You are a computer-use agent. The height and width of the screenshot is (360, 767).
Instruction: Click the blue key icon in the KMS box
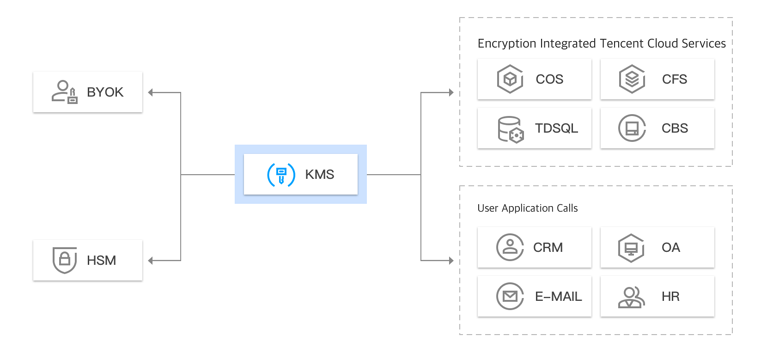281,175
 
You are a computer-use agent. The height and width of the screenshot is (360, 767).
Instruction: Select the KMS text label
319,175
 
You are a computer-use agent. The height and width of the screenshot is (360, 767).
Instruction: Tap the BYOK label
105,92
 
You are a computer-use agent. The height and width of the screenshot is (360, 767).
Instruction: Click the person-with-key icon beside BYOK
64,92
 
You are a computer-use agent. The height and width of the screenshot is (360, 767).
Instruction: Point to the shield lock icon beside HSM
65,260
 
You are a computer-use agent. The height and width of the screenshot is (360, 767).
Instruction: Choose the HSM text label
101,261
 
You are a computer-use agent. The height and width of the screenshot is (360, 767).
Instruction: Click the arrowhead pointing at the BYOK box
151,92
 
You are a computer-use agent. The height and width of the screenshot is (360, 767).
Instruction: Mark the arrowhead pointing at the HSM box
151,261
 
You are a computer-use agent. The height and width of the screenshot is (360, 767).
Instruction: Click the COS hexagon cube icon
510,79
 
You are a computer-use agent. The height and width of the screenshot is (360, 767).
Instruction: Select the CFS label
674,79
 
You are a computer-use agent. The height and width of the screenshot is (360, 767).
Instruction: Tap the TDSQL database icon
511,129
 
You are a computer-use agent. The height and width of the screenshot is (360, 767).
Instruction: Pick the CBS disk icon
632,128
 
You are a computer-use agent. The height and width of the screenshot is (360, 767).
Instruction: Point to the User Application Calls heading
527,208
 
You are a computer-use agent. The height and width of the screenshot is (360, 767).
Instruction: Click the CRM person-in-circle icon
510,247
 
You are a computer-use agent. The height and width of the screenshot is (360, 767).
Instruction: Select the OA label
670,248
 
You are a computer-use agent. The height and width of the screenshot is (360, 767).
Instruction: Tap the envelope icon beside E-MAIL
510,296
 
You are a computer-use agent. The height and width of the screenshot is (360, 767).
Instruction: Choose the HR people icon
631,297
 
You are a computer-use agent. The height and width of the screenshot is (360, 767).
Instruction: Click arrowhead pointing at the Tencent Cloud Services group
451,92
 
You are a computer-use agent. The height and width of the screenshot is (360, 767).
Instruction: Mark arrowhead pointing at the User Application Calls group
451,261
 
